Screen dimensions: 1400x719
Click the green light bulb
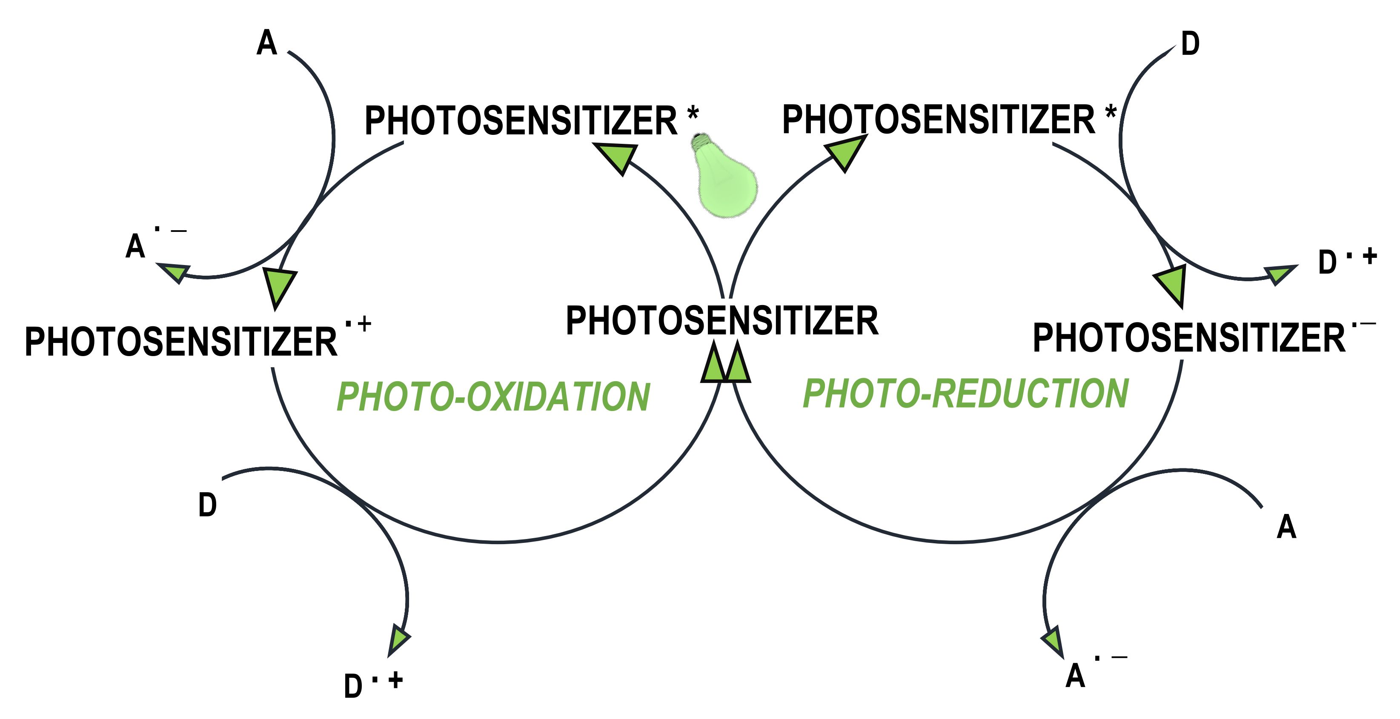[x=724, y=175]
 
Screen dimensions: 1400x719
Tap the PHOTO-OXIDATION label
[x=493, y=397]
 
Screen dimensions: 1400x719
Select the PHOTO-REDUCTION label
[x=966, y=393]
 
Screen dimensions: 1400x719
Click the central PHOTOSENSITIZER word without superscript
[x=722, y=320]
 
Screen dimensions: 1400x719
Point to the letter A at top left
[x=266, y=43]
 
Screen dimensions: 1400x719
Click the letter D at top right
[x=1190, y=43]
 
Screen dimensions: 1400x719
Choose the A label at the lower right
[x=1286, y=527]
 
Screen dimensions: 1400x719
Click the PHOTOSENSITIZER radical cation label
[x=198, y=338]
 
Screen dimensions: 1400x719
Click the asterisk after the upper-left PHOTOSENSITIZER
[x=693, y=114]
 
